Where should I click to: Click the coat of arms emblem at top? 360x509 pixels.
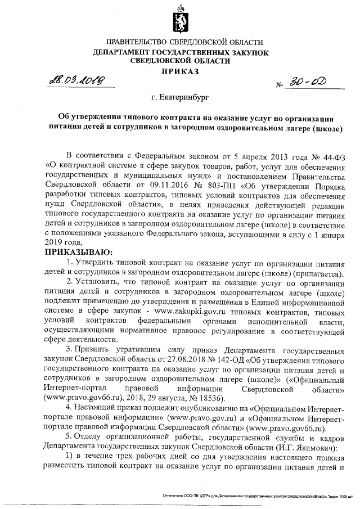click(x=179, y=17)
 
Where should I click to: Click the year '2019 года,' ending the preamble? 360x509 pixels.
click(x=63, y=242)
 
